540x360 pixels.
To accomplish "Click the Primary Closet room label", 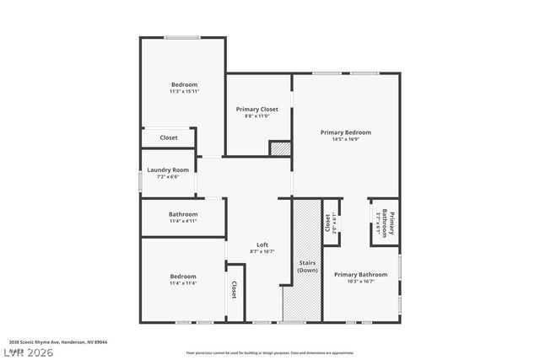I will [256, 109].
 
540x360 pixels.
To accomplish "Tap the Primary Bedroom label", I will [345, 132].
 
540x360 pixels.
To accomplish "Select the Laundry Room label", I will [167, 169].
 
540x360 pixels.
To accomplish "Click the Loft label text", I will [262, 245].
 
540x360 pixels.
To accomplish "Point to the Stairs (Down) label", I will [308, 266].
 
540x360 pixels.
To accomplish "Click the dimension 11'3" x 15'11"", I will [184, 91].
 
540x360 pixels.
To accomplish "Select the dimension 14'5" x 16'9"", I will [345, 140].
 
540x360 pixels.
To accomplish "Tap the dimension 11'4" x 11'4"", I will [183, 283].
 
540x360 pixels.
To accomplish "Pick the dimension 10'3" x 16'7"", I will [360, 282].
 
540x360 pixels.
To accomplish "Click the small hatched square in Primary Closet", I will [280, 148].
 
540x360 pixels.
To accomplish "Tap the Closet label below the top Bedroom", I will [169, 137].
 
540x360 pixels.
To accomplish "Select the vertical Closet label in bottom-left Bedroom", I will [234, 290].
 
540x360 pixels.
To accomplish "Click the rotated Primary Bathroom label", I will [385, 223].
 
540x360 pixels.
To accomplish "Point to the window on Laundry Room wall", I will [140, 181].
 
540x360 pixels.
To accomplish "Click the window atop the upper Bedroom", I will [182, 37].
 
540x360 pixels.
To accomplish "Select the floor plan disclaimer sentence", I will [270, 352].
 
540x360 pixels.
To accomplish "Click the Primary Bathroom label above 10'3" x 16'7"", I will [360, 274].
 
